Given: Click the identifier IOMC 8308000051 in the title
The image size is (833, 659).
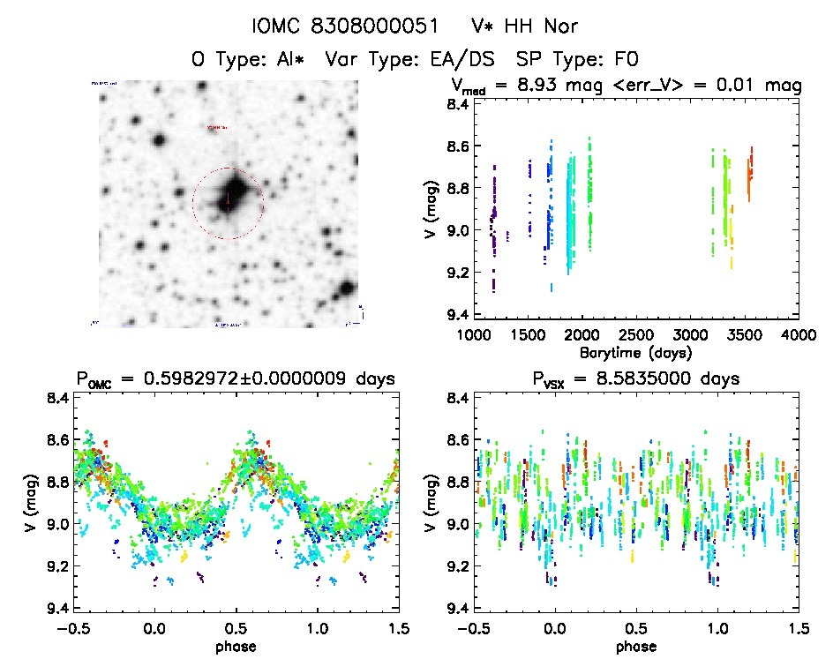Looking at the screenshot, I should (x=344, y=26).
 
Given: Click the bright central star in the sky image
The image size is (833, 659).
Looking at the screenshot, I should (x=235, y=191).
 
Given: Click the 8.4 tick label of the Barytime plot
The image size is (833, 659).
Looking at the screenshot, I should (x=456, y=104).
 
